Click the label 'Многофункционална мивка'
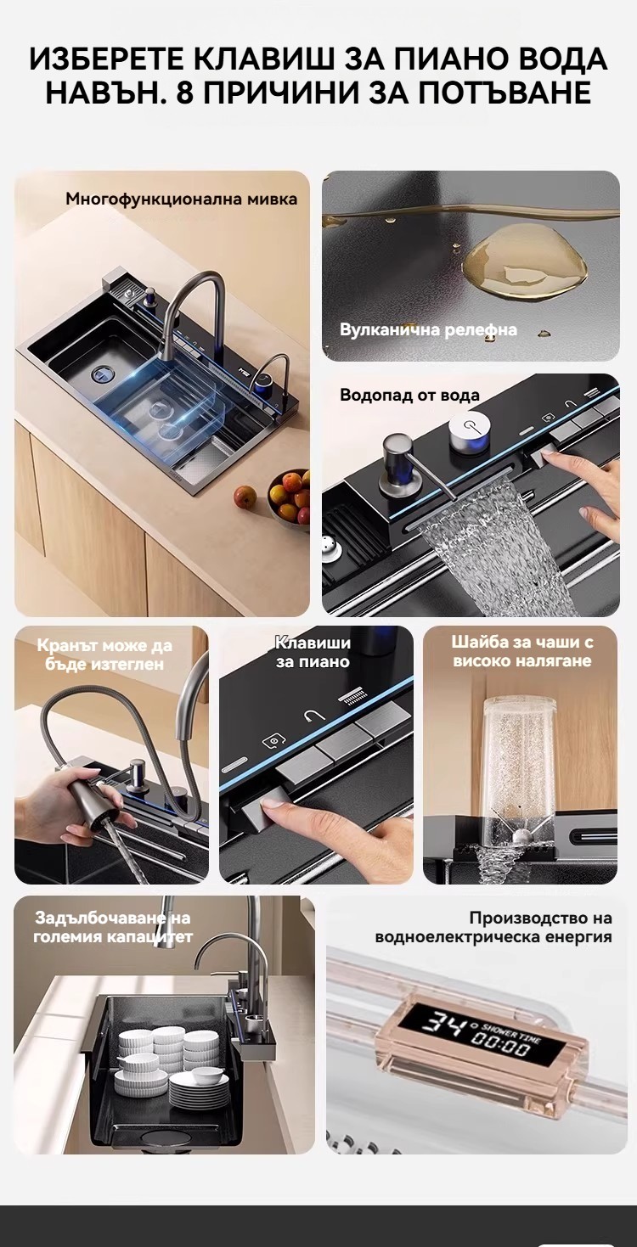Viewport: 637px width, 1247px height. tap(181, 199)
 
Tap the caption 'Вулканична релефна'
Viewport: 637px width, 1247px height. tap(428, 329)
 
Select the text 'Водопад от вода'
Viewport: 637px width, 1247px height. tap(409, 396)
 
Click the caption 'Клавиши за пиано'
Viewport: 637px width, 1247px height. tap(313, 652)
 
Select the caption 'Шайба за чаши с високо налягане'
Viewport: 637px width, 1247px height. tap(521, 651)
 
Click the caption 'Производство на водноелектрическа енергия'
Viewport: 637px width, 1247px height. tap(493, 927)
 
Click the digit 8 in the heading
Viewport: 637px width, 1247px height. tap(185, 93)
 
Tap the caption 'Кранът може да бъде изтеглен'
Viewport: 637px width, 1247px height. tap(104, 654)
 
